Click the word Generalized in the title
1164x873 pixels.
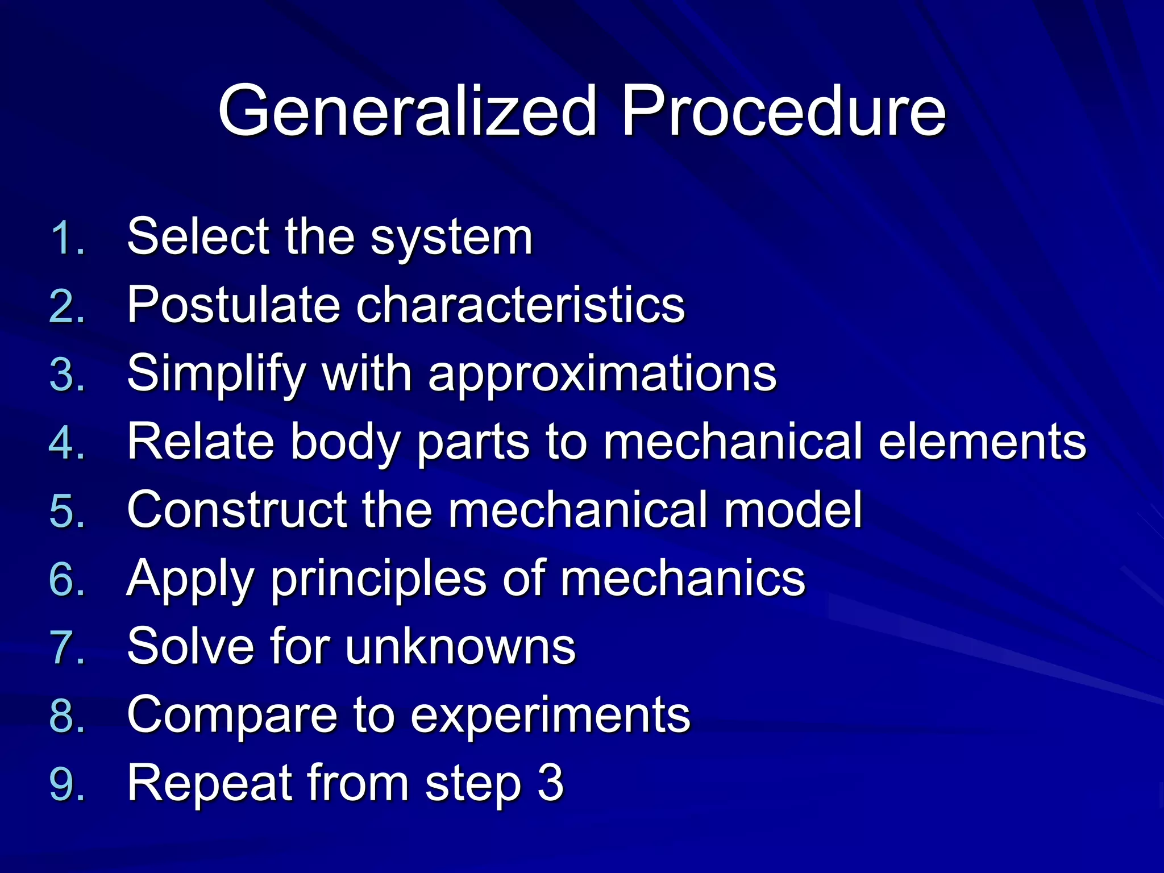click(x=407, y=111)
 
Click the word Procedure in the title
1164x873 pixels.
click(x=783, y=111)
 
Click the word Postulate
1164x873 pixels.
click(x=233, y=306)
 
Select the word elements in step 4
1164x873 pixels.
click(x=982, y=442)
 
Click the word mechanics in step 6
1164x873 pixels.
click(x=683, y=579)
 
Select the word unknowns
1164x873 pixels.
click(x=460, y=647)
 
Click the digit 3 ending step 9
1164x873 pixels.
click(x=550, y=783)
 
